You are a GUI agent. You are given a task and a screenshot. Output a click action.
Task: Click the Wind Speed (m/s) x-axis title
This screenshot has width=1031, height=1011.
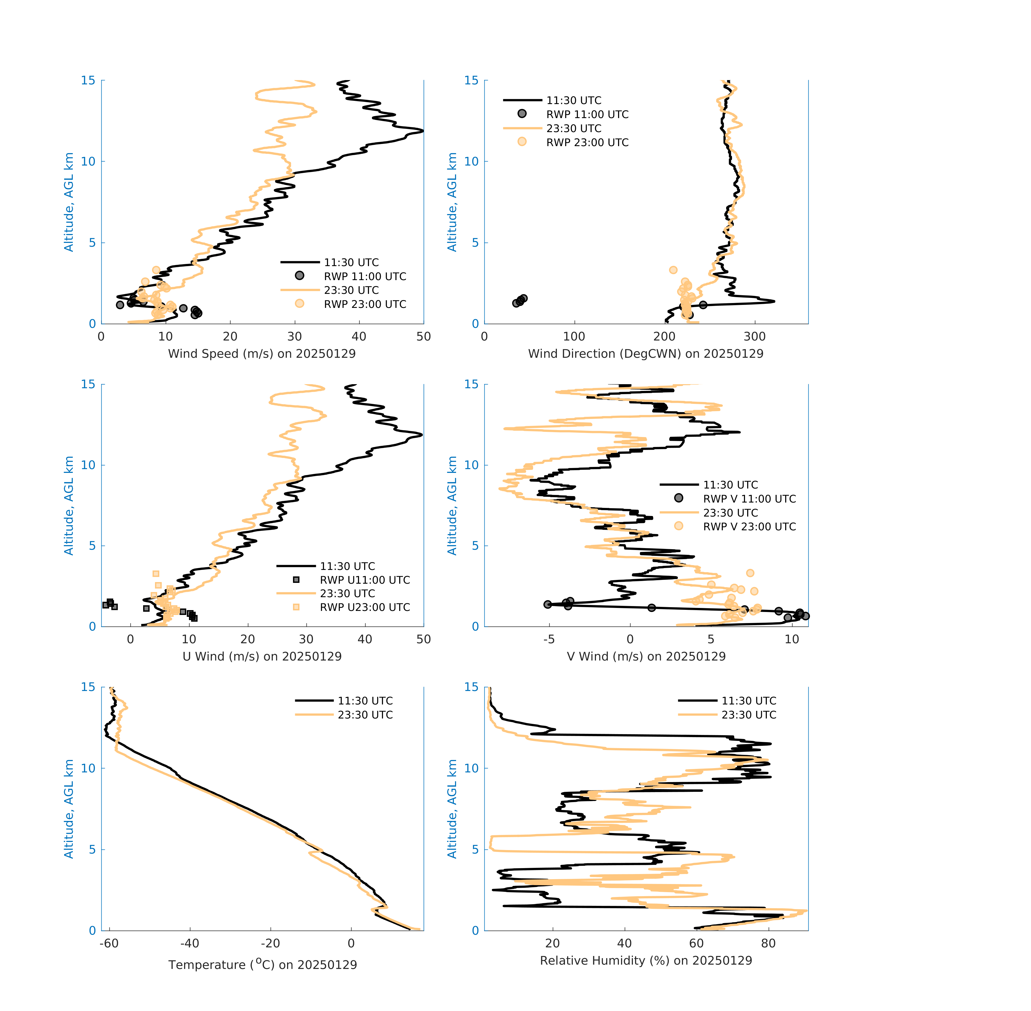tap(262, 354)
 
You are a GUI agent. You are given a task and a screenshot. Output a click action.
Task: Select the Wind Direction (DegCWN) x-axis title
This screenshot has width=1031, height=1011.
tap(646, 354)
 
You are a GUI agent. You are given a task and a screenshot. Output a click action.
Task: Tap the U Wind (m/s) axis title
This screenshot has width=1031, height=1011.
tap(262, 656)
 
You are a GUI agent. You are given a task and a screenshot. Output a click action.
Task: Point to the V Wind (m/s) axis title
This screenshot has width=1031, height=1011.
tap(646, 656)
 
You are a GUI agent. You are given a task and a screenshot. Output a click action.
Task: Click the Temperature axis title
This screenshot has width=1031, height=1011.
tap(262, 964)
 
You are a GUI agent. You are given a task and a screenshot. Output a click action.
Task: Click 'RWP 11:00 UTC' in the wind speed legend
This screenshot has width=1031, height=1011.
tap(365, 276)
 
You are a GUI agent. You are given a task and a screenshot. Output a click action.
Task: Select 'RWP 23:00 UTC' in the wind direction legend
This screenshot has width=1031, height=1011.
tap(587, 142)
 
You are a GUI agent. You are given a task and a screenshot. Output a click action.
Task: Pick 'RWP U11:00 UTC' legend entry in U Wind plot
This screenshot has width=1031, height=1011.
tap(365, 580)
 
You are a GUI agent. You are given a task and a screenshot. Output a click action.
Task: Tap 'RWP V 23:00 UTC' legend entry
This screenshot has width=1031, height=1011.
tap(749, 526)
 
